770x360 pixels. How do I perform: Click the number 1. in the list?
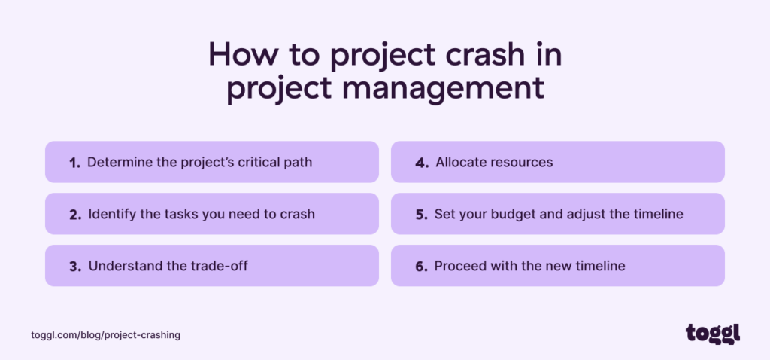[74, 163]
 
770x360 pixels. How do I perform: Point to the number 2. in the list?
[75, 215]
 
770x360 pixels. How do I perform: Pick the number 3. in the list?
[75, 266]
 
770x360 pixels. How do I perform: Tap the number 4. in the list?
[422, 163]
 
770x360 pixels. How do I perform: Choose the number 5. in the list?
[421, 215]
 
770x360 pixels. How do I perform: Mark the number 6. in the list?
[421, 266]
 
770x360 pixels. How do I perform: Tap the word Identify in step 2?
[111, 214]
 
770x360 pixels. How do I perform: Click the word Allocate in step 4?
[461, 162]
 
